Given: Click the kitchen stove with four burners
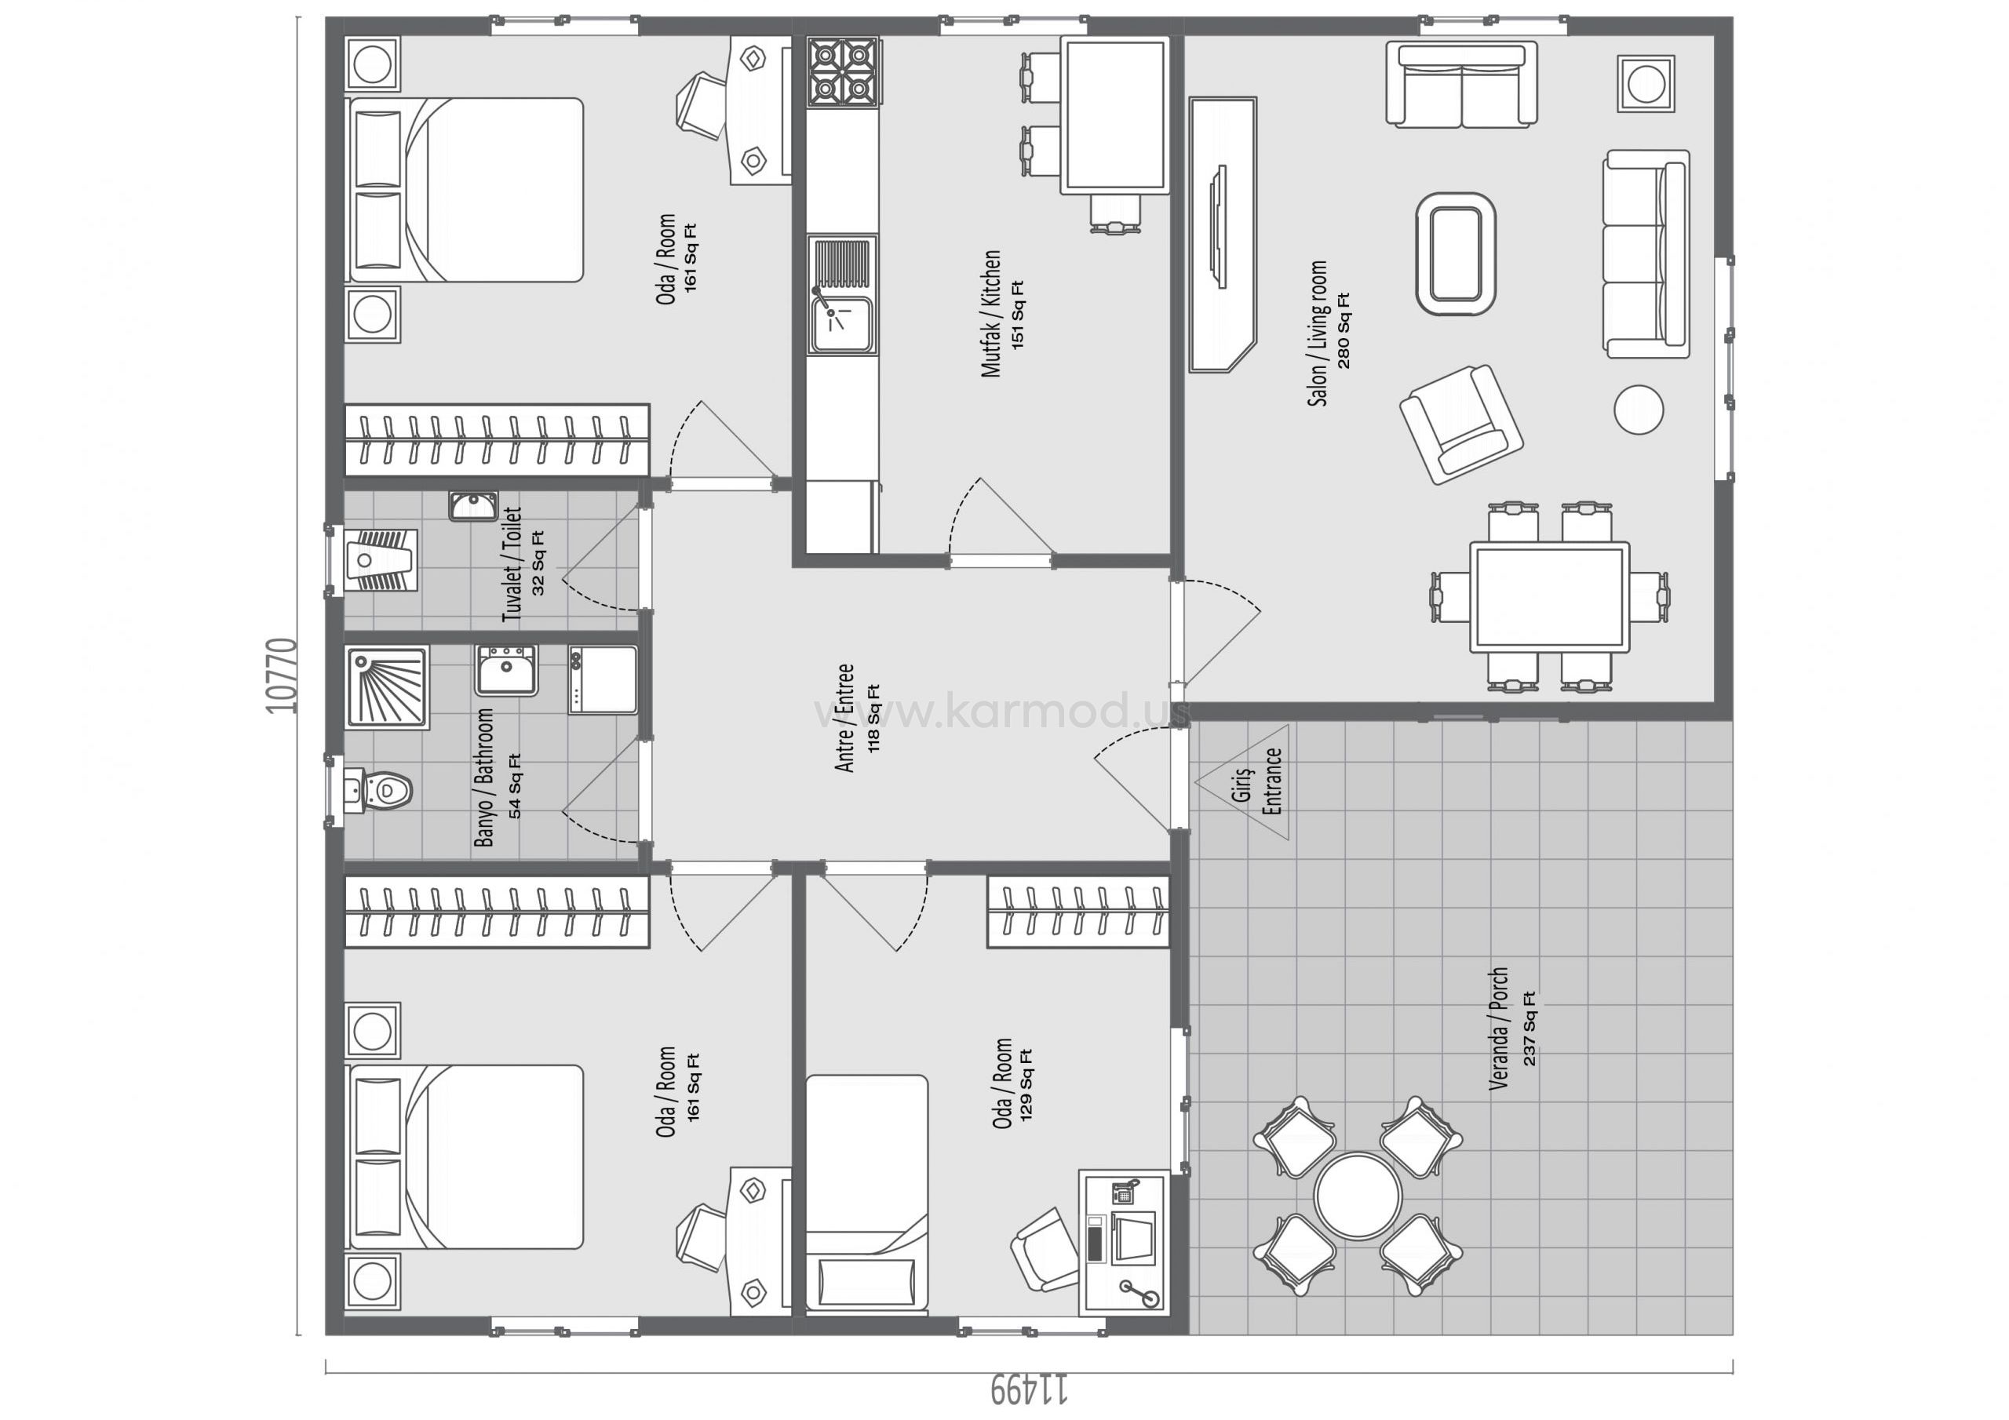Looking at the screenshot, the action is point(842,71).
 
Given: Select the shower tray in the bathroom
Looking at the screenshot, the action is point(388,688).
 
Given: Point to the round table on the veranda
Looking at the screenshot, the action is point(1357,1195).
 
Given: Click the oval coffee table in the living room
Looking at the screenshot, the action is point(1455,253).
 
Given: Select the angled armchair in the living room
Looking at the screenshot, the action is point(1461,424).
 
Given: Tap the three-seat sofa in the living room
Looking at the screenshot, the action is point(1646,253).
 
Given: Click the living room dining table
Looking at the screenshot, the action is point(1550,597).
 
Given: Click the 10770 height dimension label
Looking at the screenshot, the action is point(283,676).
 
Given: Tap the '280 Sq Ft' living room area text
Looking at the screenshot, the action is point(1343,331).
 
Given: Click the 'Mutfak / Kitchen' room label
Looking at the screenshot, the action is point(990,314).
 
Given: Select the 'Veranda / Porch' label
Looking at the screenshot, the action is point(1498,1027).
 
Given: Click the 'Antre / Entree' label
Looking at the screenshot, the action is point(844,719).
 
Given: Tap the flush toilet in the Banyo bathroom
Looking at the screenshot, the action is point(378,790).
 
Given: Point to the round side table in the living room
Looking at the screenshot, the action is point(1638,410).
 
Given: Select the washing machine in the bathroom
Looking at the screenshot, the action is point(602,681).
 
